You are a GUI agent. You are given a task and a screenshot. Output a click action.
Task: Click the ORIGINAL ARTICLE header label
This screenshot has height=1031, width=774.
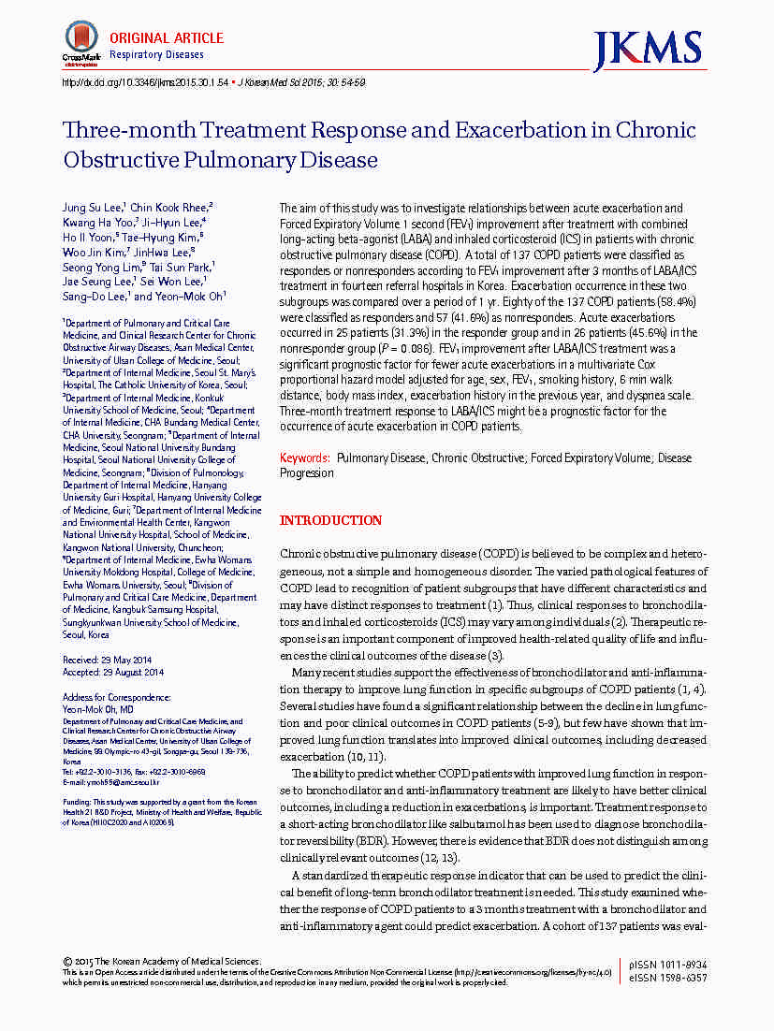click(167, 38)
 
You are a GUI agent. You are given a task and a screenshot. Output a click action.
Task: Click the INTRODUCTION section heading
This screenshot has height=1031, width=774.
click(331, 520)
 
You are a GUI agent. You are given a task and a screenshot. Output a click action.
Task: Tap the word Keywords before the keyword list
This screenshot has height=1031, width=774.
click(305, 458)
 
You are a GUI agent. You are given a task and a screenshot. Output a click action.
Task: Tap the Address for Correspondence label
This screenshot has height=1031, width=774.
click(117, 697)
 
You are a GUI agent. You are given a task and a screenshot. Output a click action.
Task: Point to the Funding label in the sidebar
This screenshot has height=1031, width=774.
click(77, 802)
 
